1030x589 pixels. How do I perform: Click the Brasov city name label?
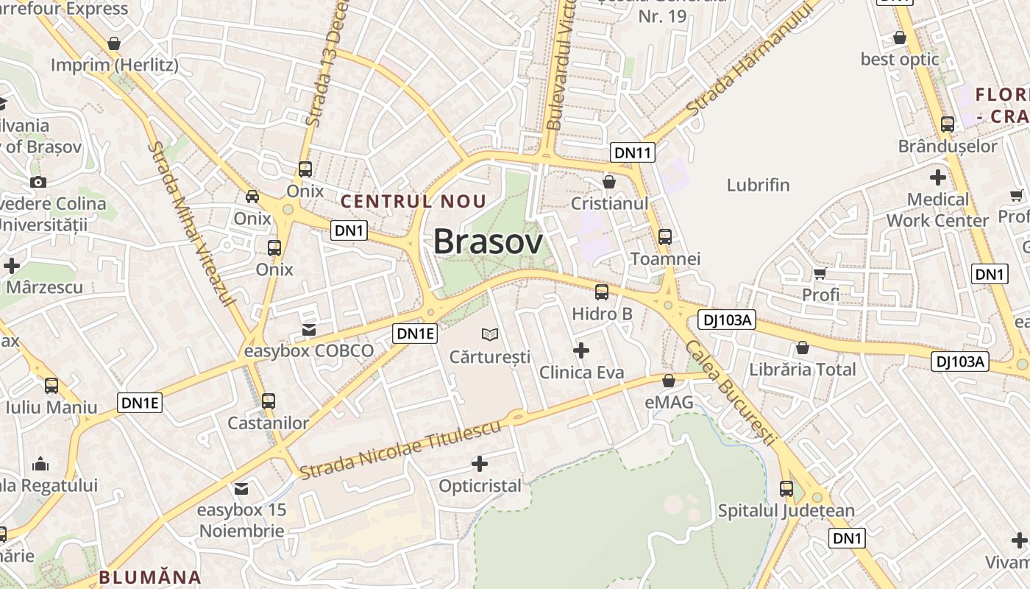pyautogui.click(x=488, y=241)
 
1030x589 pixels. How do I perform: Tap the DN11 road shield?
pyautogui.click(x=633, y=153)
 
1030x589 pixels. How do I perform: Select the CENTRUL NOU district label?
pyautogui.click(x=413, y=201)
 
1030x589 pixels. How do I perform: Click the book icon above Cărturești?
pyautogui.click(x=490, y=335)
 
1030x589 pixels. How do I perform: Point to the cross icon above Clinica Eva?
pyautogui.click(x=581, y=350)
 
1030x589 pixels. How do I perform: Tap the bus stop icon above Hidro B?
pyautogui.click(x=602, y=292)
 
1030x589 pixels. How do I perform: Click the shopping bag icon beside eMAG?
pyautogui.click(x=669, y=381)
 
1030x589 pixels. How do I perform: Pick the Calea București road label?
pyautogui.click(x=731, y=392)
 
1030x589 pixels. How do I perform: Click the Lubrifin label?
pyautogui.click(x=758, y=185)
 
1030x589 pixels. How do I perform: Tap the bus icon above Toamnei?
pyautogui.click(x=665, y=237)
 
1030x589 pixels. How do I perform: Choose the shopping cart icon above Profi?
pyautogui.click(x=820, y=273)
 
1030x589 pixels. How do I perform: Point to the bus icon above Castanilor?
pyautogui.click(x=269, y=401)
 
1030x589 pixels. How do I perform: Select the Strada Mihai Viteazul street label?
pyautogui.click(x=191, y=224)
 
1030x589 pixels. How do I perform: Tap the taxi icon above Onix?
pyautogui.click(x=252, y=197)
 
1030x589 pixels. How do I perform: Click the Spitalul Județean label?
pyautogui.click(x=786, y=510)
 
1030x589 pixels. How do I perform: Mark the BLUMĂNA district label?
pyautogui.click(x=150, y=577)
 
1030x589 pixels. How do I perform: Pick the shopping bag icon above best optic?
pyautogui.click(x=900, y=38)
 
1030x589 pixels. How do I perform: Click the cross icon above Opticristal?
pyautogui.click(x=480, y=464)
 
